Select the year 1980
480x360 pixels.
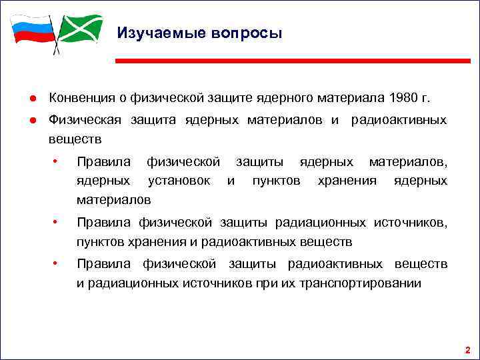[x=399, y=98]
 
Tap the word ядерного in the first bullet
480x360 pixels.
[x=282, y=98]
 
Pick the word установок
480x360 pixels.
[x=179, y=181]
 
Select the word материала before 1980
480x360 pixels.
[x=342, y=98]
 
